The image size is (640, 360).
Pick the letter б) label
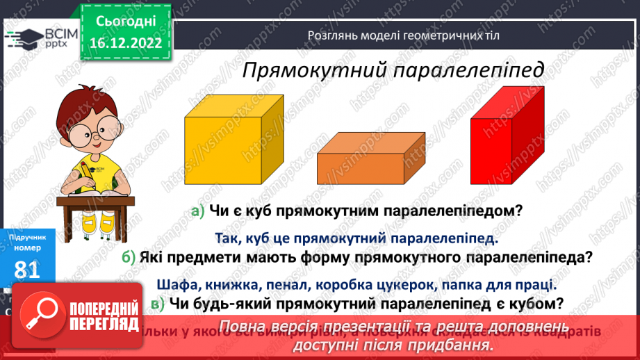pyautogui.click(x=127, y=257)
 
